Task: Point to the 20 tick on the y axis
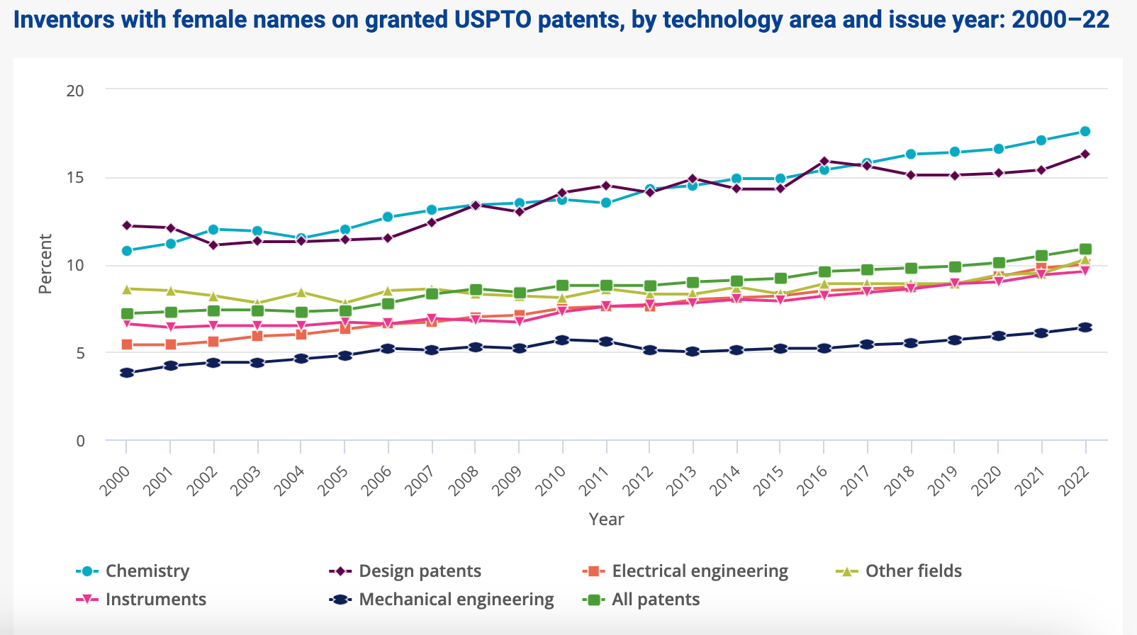[75, 91]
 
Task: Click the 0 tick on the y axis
[80, 441]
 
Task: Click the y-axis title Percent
[45, 264]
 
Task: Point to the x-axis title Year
[606, 519]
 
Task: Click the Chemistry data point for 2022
[1085, 131]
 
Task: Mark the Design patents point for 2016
[824, 162]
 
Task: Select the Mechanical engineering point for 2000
[127, 373]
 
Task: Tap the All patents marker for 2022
[1085, 249]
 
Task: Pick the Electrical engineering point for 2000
[127, 344]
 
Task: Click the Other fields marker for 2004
[301, 292]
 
